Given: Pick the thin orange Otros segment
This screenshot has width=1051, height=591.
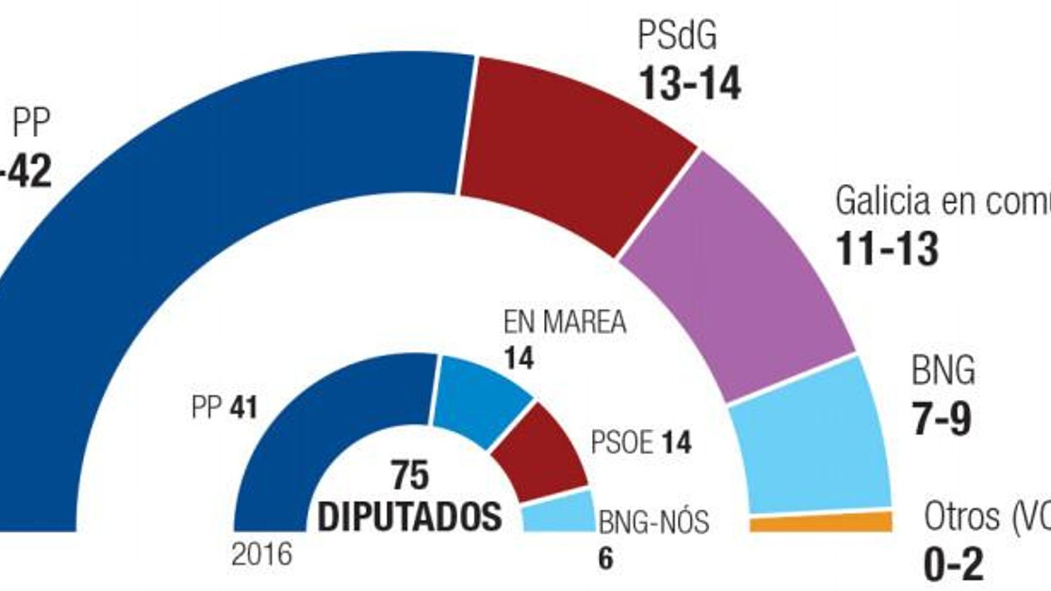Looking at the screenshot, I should coord(821,523).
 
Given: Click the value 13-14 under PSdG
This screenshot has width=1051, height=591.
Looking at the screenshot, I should coord(689,84).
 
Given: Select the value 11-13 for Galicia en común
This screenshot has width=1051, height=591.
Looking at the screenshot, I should coord(886,250).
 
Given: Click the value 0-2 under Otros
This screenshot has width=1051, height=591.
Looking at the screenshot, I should coord(953,565).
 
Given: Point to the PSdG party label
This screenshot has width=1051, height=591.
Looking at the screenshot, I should coord(677,36).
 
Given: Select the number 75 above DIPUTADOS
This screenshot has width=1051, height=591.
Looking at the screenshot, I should coord(410,475).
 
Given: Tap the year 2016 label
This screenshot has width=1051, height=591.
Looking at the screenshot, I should coord(261,556).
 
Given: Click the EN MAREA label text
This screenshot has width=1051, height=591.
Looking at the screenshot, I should coord(564,322).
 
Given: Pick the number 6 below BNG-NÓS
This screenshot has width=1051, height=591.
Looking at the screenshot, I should coord(605,559).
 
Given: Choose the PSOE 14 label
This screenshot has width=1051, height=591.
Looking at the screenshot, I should coord(640,443).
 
